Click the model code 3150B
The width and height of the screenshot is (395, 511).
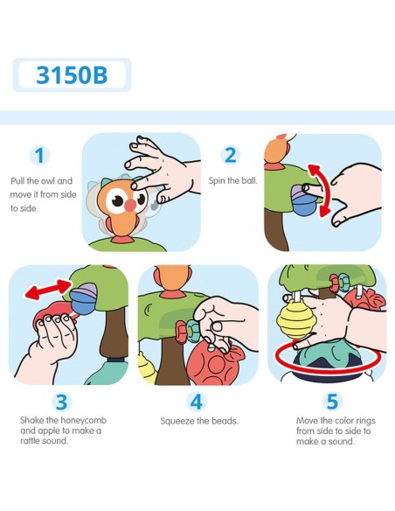[72, 75]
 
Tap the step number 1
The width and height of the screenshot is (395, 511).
[39, 155]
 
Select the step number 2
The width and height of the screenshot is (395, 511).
[231, 155]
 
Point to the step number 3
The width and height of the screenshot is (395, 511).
[61, 402]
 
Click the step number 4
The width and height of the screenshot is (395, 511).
[197, 402]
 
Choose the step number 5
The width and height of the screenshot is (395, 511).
[332, 402]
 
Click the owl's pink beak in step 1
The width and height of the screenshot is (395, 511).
[130, 205]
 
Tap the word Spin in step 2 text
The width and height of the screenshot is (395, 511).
[216, 181]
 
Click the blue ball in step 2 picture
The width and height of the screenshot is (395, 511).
[303, 202]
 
